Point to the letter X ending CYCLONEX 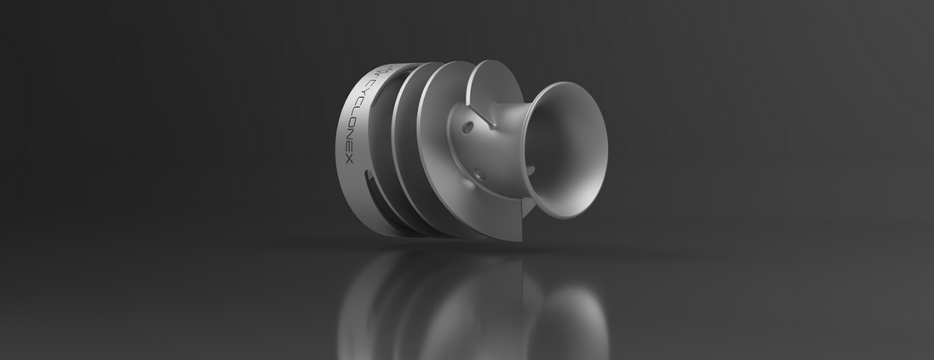point(349,159)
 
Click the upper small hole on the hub point(468,128)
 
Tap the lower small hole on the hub point(479,174)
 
